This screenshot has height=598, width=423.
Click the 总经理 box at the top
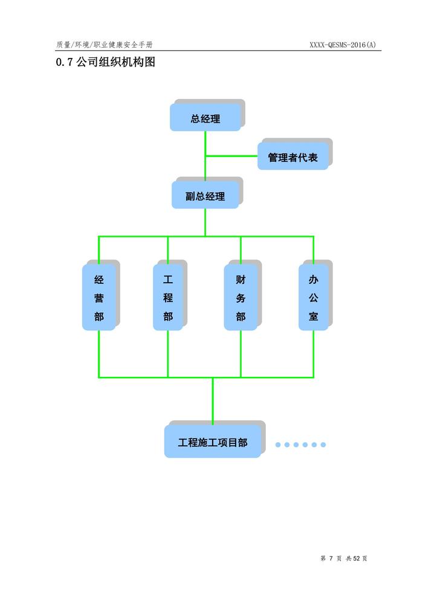point(205,118)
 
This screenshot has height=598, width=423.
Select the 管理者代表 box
point(293,158)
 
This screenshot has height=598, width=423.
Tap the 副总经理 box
point(205,196)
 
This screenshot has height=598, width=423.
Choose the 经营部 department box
point(99,298)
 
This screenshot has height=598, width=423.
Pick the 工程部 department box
point(168,298)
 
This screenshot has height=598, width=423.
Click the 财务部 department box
point(241,298)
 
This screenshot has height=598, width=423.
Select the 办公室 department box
point(313,298)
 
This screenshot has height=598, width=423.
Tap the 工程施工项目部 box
point(213,442)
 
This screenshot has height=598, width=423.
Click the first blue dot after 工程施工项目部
point(278,445)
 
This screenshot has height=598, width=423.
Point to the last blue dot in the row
point(323,445)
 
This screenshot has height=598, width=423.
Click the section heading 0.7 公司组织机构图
point(105,62)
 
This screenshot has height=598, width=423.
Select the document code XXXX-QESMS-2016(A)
point(342,45)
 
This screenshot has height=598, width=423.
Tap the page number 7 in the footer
point(332,558)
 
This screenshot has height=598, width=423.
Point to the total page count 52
point(357,558)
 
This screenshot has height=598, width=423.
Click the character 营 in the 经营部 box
point(99,298)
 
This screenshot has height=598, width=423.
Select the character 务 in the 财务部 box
point(241,298)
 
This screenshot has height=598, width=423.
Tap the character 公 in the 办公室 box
point(313,298)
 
